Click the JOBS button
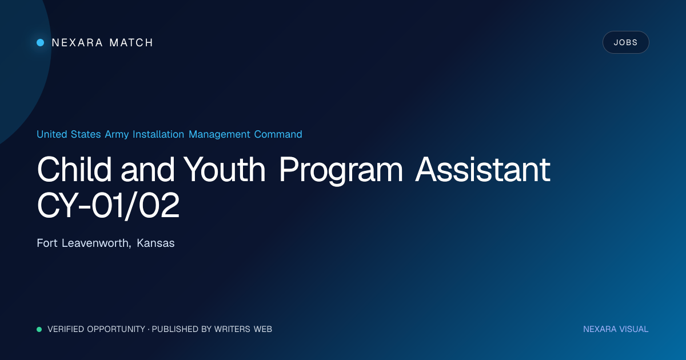(x=625, y=42)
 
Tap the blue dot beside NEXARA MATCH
(x=40, y=42)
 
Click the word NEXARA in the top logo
(x=77, y=42)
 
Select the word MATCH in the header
(x=131, y=42)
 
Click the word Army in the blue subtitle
(x=117, y=134)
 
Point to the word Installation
(x=158, y=134)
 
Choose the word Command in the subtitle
(x=278, y=134)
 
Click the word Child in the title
(x=74, y=169)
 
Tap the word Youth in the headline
(x=224, y=169)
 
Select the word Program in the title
(x=341, y=171)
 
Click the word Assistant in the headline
(x=482, y=169)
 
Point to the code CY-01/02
(x=108, y=205)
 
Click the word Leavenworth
(x=97, y=243)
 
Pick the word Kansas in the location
(x=155, y=243)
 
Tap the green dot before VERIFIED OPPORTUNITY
(x=39, y=329)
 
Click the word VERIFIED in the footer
(x=66, y=329)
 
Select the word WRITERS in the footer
(x=232, y=329)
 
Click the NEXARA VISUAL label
(x=616, y=329)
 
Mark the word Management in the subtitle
(x=220, y=134)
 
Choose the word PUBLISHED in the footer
(x=175, y=329)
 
